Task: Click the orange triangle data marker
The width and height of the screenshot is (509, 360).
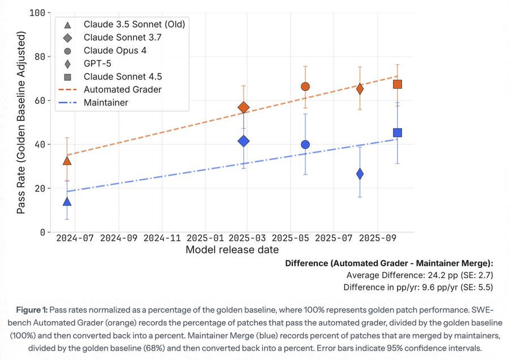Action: pos(67,160)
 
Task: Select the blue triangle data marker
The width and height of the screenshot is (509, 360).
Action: pos(67,201)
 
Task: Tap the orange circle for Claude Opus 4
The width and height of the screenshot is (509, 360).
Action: pos(305,86)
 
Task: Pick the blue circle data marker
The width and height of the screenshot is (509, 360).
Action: pos(305,144)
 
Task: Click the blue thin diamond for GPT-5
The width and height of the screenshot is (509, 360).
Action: pos(360,174)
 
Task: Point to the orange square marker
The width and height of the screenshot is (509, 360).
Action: pos(398,84)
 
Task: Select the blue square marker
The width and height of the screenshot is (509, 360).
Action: pos(398,133)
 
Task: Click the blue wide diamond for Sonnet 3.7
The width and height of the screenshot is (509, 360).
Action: pos(243,141)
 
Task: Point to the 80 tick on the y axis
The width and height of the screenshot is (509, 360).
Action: pos(40,57)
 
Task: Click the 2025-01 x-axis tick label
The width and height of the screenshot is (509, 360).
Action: pos(205,238)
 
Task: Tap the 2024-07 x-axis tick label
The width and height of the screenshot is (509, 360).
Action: pos(75,238)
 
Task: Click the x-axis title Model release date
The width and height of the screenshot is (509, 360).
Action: pos(232,250)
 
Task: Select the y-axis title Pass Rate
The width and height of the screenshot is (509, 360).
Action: pos(21,123)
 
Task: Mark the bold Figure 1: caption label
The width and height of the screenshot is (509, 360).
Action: pos(32,310)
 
